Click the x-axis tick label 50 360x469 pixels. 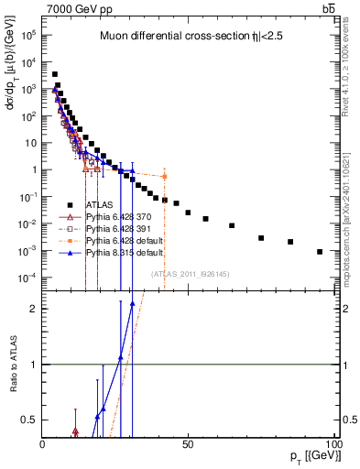click(x=188, y=444)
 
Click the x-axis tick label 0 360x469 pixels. click(x=43, y=444)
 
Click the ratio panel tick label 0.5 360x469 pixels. click(x=30, y=420)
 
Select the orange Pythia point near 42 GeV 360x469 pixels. click(x=164, y=176)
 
